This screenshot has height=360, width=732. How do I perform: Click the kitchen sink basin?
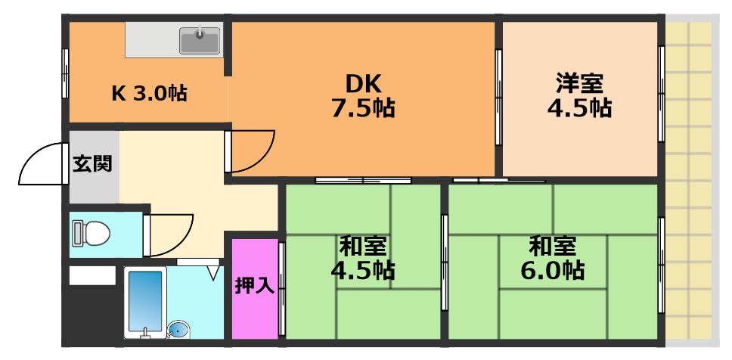coord(200,40)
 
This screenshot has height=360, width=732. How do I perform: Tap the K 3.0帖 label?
coord(149,94)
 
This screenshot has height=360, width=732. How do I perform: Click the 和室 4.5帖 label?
coord(362,258)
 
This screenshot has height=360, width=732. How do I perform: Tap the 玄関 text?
coord(92,164)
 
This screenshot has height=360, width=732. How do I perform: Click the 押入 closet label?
coord(254,287)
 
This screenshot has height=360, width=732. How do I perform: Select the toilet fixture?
coord(89,234)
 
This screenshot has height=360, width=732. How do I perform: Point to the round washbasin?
coord(177,330)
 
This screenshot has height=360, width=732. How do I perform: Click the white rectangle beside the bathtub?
coord(92,276)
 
